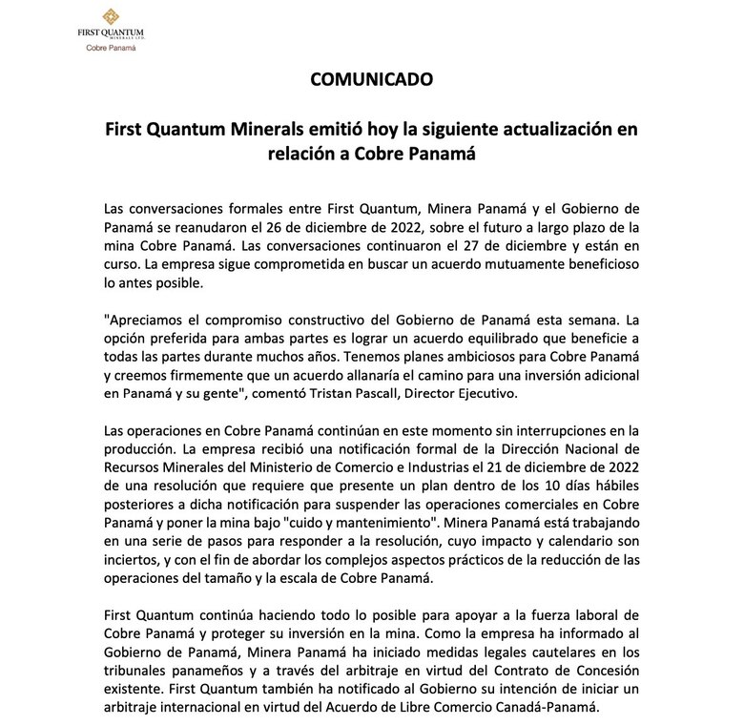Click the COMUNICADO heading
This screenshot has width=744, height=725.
pyautogui.click(x=371, y=79)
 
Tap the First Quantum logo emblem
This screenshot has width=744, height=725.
pyautogui.click(x=111, y=16)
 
